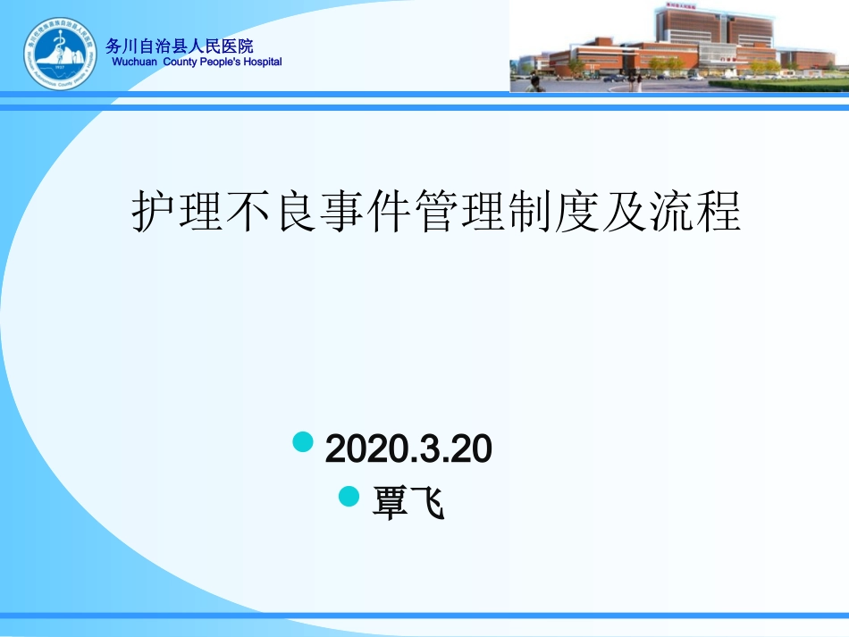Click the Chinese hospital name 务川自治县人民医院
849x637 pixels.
tap(179, 46)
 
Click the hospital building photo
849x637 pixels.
tap(679, 46)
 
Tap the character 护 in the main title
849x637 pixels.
tap(152, 213)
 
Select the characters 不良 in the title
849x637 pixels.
tap(274, 213)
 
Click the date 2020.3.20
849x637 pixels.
tap(408, 449)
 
